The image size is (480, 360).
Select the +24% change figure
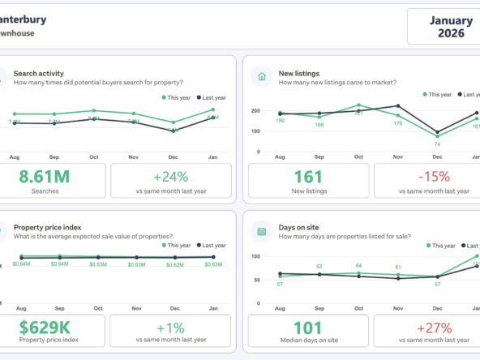tap(170, 176)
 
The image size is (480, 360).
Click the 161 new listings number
tap(307, 176)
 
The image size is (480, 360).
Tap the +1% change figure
tap(170, 328)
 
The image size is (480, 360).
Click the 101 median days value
tap(307, 328)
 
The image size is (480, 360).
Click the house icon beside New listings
tap(262, 77)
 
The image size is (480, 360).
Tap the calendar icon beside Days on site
tap(262, 231)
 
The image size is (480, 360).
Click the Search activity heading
tap(39, 73)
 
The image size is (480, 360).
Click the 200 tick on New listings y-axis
tap(255, 110)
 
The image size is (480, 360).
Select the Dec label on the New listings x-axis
tap(437, 156)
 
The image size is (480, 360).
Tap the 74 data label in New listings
tap(437, 144)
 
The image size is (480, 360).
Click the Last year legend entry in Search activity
tap(212, 97)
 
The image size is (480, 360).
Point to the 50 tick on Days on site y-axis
tap(256, 281)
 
